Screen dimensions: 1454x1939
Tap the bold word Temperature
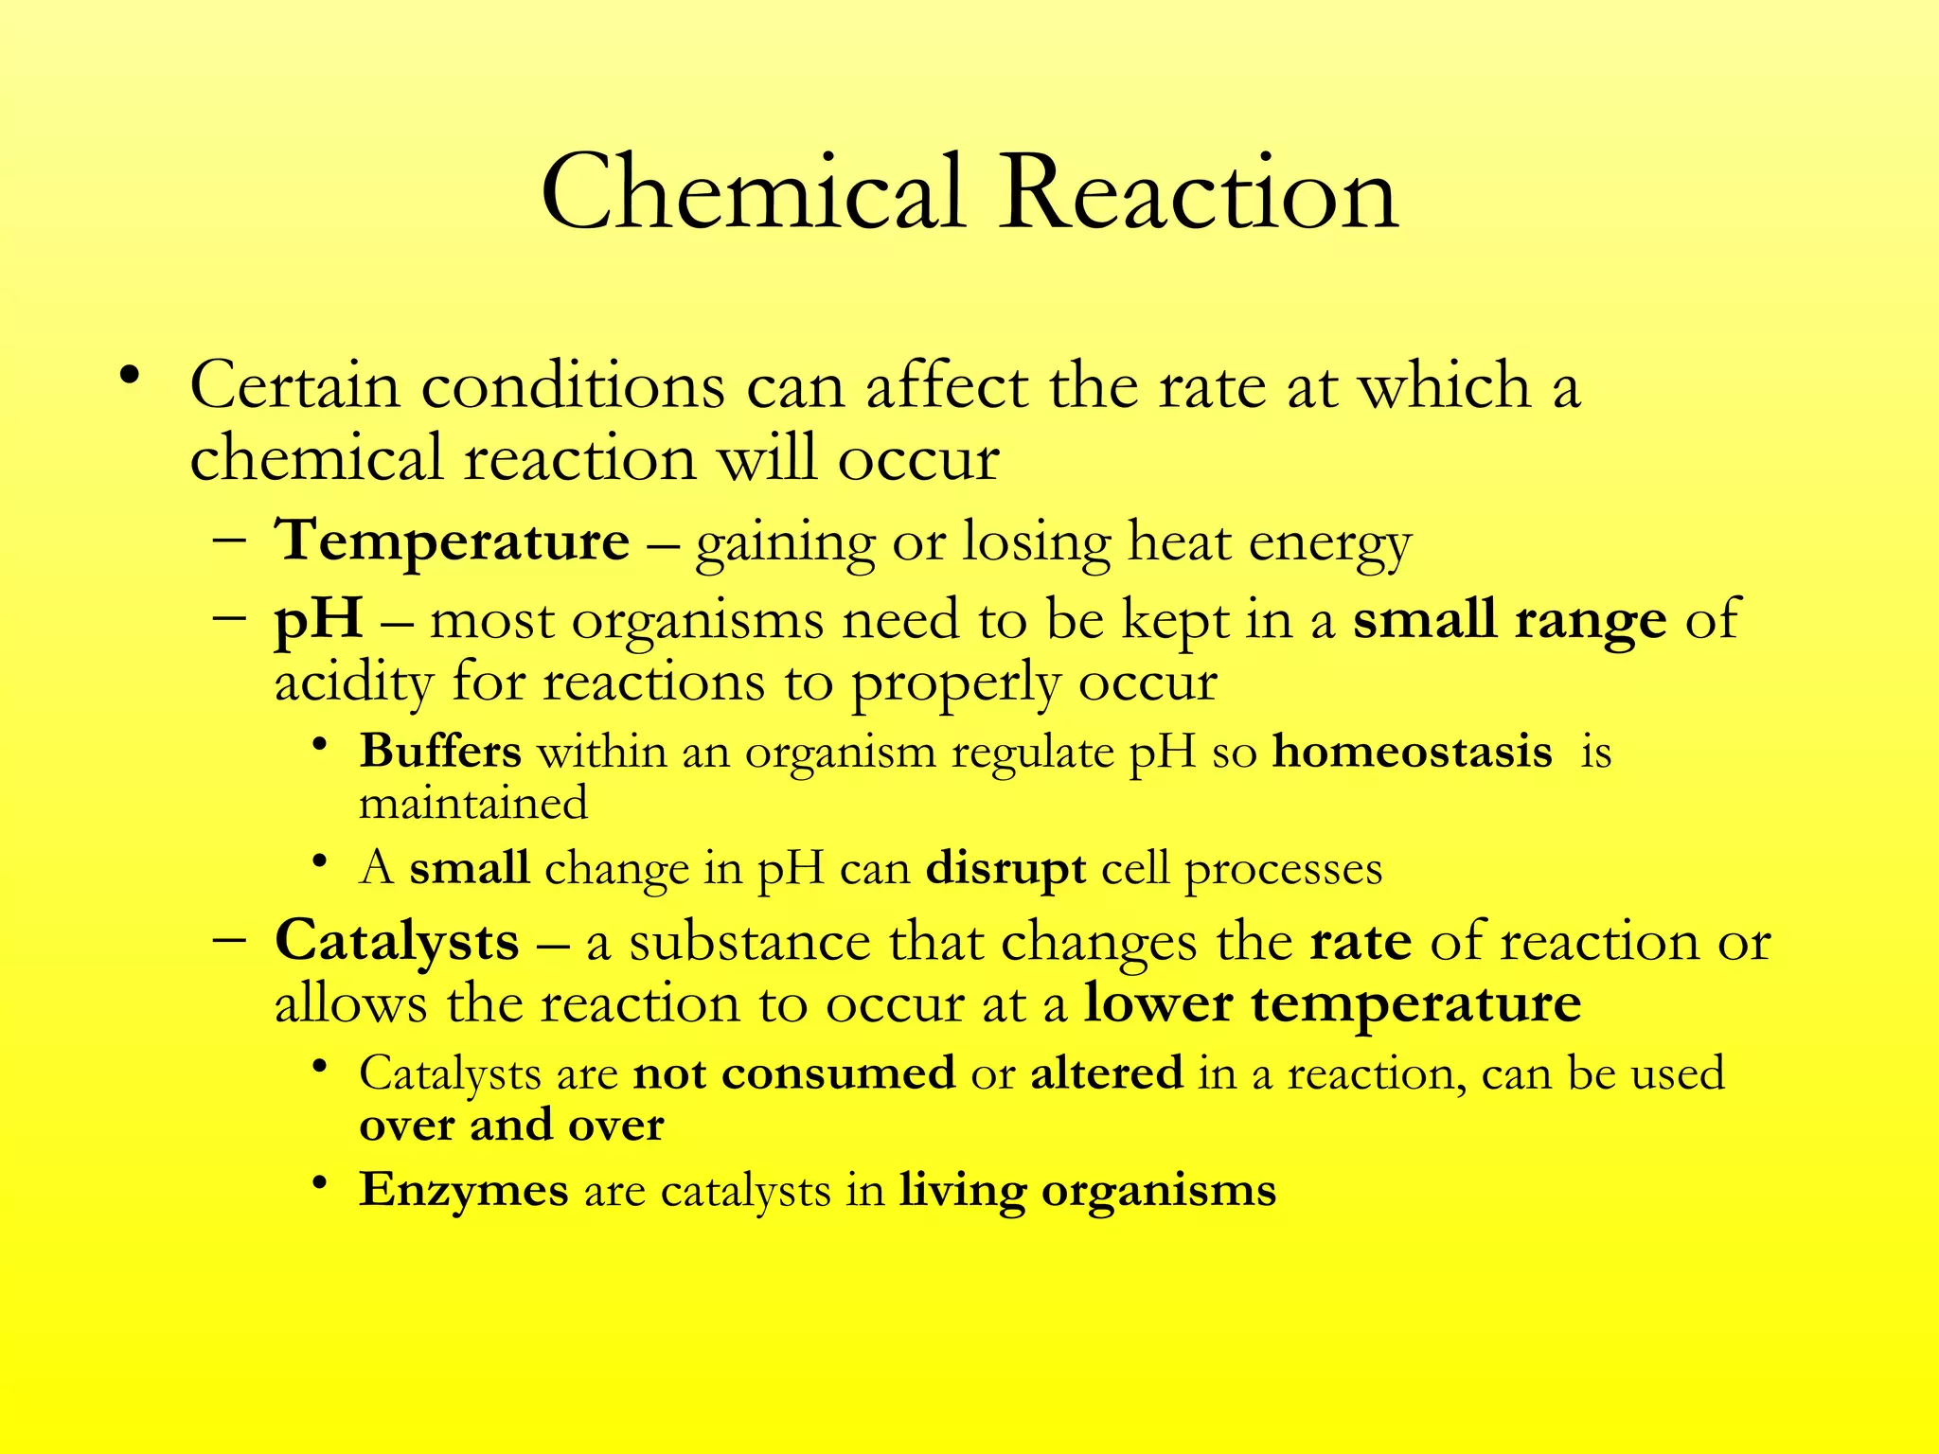tap(452, 541)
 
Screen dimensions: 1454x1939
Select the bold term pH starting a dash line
tap(318, 621)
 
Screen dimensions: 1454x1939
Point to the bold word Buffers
tap(440, 752)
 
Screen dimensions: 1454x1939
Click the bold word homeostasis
tap(1412, 752)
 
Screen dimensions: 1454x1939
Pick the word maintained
tap(473, 803)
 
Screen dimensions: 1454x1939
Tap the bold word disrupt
tap(1005, 869)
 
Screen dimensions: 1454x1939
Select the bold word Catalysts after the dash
tap(397, 942)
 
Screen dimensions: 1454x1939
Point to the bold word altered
tap(1107, 1073)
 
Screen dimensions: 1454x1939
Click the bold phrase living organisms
tap(1088, 1190)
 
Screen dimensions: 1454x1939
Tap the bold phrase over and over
tap(511, 1125)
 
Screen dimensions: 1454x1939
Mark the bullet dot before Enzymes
tap(321, 1183)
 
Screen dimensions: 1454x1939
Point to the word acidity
tap(353, 683)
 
